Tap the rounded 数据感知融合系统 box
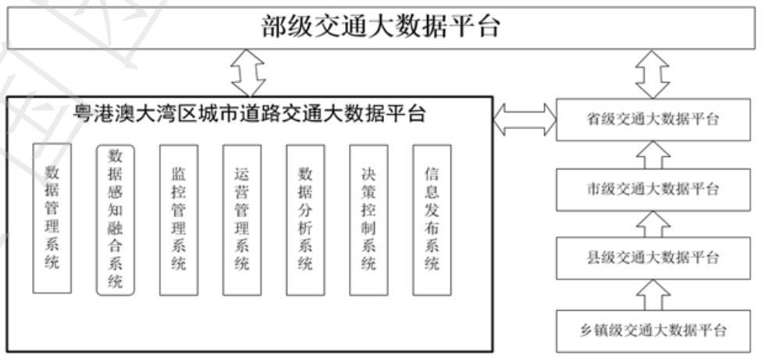point(116,219)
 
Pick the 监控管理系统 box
point(178,219)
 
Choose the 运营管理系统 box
point(241,219)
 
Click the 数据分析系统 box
point(305,219)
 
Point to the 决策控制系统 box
point(369,219)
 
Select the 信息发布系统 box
point(432,219)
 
